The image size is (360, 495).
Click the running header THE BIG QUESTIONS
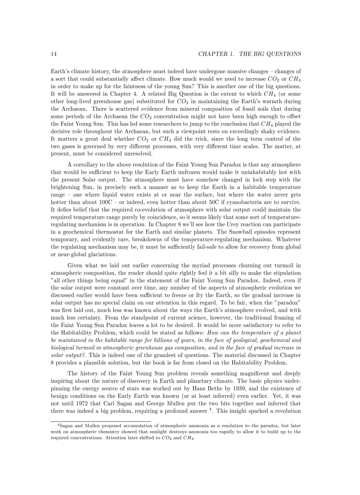coord(270,54)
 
